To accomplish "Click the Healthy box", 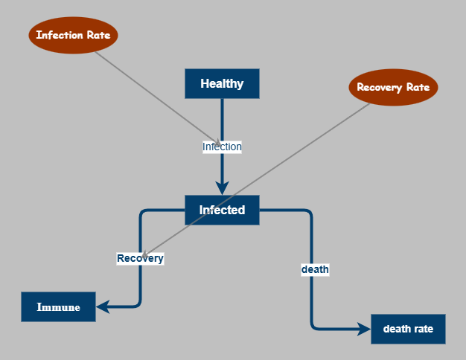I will tap(222, 83).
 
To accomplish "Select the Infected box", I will tap(222, 210).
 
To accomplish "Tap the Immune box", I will tap(59, 306).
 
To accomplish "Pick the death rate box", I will tap(408, 329).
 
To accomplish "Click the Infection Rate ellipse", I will tap(74, 35).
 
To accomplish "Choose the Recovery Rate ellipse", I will tap(393, 87).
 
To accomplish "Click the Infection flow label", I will tap(222, 147).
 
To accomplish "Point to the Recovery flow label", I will tap(140, 258).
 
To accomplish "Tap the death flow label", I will tap(315, 269).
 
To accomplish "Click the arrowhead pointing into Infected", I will tap(222, 187).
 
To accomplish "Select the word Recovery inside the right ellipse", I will tap(378, 87).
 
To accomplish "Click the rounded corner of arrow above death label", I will tap(308, 213).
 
